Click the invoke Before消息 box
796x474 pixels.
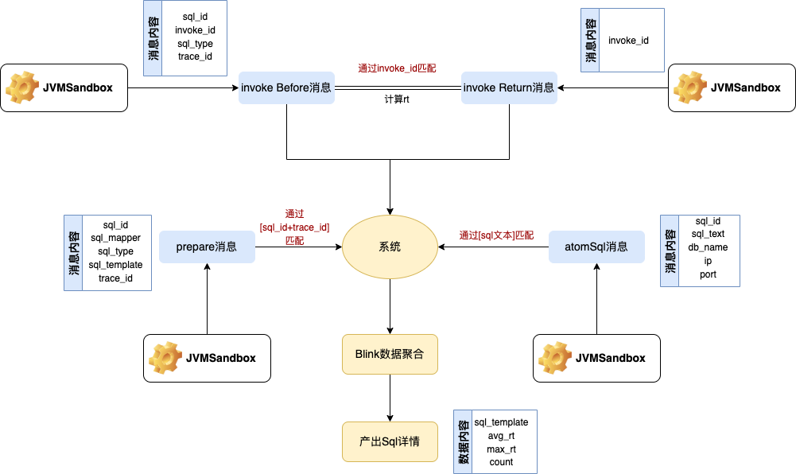[x=286, y=87]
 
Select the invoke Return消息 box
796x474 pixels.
[x=509, y=87]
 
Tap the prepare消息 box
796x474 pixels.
[x=207, y=247]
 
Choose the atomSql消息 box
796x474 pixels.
[x=596, y=247]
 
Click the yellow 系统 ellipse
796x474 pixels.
[x=390, y=247]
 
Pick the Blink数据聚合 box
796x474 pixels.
[x=390, y=354]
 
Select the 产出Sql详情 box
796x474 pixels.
[x=390, y=441]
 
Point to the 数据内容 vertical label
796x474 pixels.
[x=462, y=441]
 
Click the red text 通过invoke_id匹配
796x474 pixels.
[x=396, y=68]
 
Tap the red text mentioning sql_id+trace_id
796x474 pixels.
[x=294, y=227]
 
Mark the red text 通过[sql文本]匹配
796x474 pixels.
[x=496, y=235]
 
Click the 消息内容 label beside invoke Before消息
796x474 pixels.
[x=153, y=38]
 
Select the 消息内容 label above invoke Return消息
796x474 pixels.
[x=590, y=41]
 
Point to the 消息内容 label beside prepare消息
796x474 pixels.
[x=73, y=253]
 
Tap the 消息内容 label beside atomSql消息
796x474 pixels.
[x=670, y=251]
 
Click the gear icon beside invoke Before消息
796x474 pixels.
[x=21, y=87]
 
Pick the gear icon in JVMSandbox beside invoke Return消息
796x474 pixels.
[x=689, y=87]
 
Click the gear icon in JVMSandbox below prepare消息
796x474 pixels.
[x=165, y=358]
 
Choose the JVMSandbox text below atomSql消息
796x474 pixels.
[x=610, y=358]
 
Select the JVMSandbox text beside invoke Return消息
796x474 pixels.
[x=745, y=87]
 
